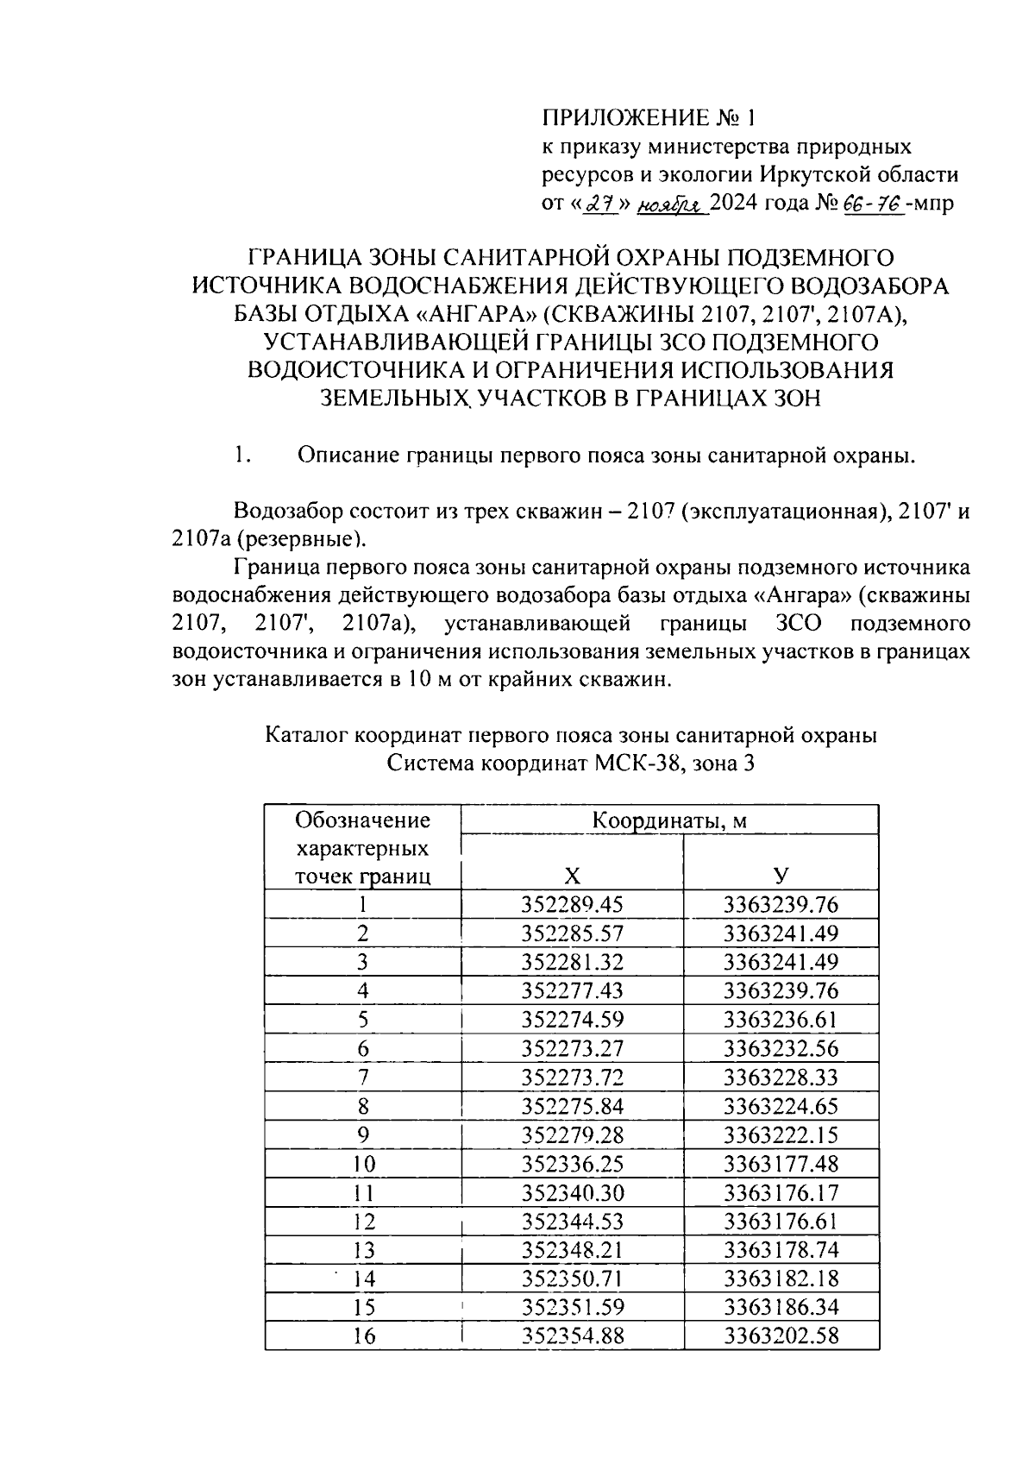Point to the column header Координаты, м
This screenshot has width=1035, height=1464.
click(x=668, y=820)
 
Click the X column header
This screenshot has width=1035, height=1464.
click(x=572, y=877)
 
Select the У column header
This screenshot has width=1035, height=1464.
click(x=781, y=877)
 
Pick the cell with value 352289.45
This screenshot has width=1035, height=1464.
click(x=572, y=905)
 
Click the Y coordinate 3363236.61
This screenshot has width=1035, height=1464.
click(x=781, y=1020)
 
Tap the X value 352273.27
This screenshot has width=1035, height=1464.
click(x=572, y=1049)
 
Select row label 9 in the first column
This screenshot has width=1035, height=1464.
click(x=363, y=1135)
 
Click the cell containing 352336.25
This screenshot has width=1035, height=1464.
click(x=572, y=1164)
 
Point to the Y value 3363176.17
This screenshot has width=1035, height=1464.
click(x=781, y=1193)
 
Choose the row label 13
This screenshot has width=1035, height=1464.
click(x=363, y=1250)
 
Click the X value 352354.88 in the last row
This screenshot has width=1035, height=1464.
click(x=572, y=1336)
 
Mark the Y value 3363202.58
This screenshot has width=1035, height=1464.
click(x=781, y=1336)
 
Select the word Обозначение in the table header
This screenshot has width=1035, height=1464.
click(x=362, y=820)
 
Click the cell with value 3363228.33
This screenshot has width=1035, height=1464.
click(x=781, y=1078)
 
